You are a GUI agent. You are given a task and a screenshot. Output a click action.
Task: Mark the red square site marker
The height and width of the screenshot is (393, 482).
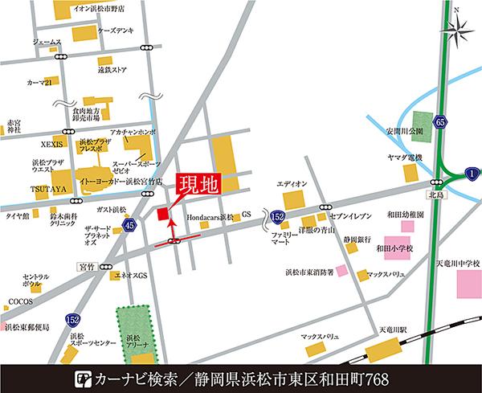(x=163, y=215)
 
